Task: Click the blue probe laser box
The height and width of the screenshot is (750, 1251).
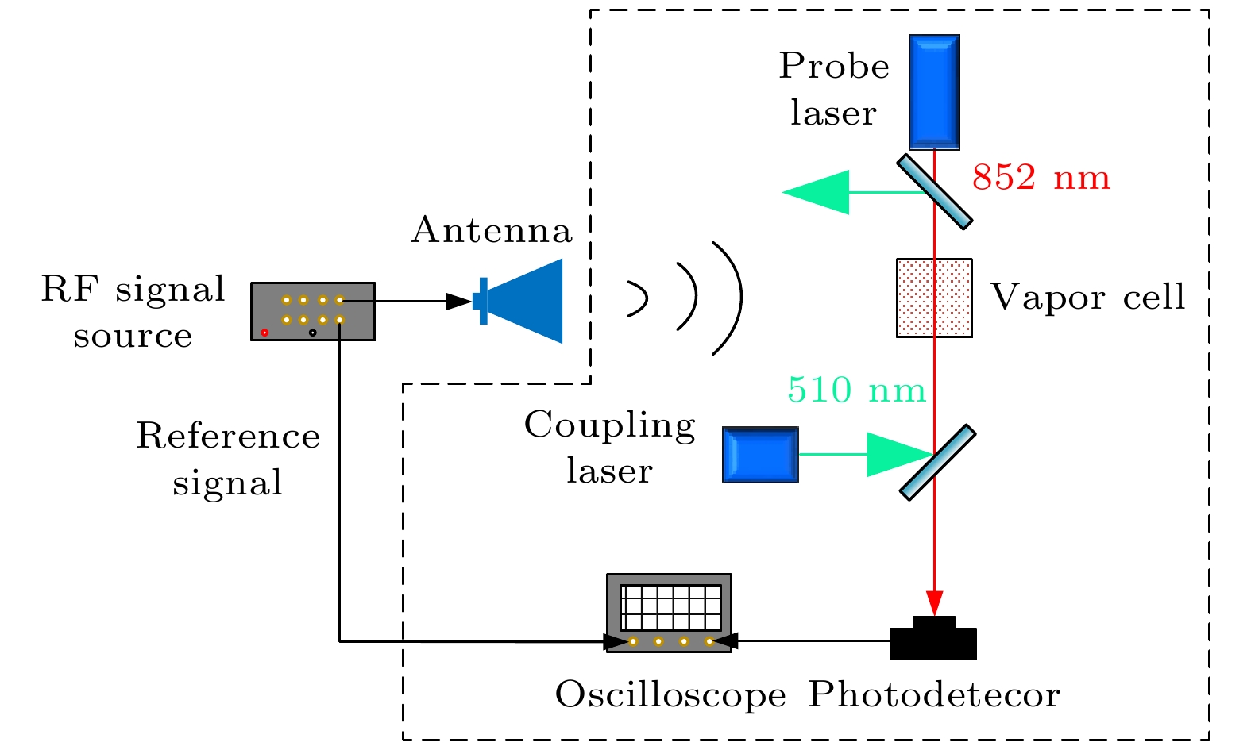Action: point(934,91)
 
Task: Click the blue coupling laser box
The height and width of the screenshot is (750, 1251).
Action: point(760,455)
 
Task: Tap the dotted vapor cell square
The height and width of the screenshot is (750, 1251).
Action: point(934,298)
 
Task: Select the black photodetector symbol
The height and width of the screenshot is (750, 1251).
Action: point(933,640)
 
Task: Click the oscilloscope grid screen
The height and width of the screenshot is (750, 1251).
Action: point(670,607)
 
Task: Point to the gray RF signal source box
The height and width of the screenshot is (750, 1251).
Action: point(312,311)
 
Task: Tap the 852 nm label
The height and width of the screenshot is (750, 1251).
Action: point(1041,178)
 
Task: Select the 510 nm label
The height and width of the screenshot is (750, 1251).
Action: point(856,390)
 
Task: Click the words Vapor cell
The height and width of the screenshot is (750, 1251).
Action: point(1087,298)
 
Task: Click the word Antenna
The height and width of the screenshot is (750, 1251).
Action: point(492,230)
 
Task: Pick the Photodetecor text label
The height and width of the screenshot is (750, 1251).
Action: point(934,695)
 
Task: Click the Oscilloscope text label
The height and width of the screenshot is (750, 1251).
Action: point(670,695)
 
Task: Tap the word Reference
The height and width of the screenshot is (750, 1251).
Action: point(228,437)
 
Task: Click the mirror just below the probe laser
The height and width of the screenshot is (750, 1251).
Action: point(935,192)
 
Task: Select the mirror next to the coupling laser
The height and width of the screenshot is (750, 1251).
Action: point(937,462)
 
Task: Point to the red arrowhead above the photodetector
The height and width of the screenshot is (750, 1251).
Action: point(935,602)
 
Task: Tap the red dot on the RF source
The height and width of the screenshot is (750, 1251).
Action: point(264,333)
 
